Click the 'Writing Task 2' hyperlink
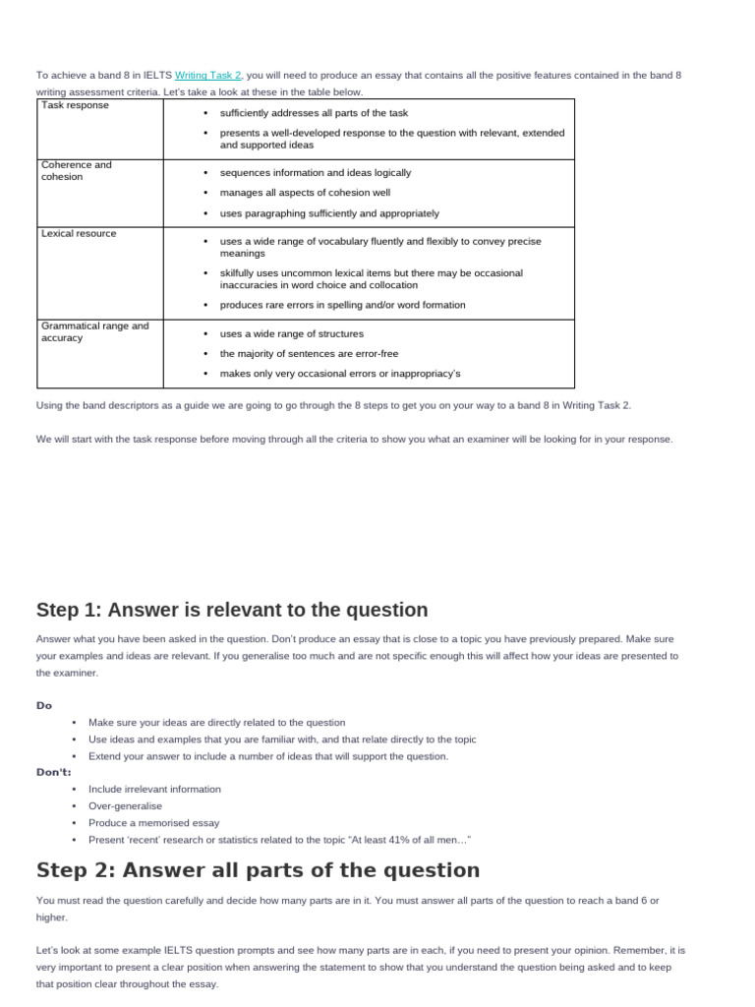pyautogui.click(x=208, y=75)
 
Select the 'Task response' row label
pyautogui.click(x=76, y=105)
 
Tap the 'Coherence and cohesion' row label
pyautogui.click(x=77, y=171)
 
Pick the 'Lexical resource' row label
pyautogui.click(x=79, y=234)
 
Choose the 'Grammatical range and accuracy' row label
pyautogui.click(x=94, y=331)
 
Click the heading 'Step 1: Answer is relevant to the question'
pyautogui.click(x=232, y=610)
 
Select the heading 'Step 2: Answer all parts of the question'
pyautogui.click(x=258, y=870)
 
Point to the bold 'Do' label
pyautogui.click(x=44, y=705)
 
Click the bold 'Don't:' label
pyautogui.click(x=54, y=772)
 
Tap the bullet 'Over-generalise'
pyautogui.click(x=125, y=805)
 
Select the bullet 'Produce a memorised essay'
pyautogui.click(x=153, y=822)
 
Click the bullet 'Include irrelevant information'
pyautogui.click(x=154, y=789)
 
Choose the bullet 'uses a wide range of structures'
pyautogui.click(x=291, y=333)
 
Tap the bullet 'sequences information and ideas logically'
pyautogui.click(x=316, y=172)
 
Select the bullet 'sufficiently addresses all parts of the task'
pyautogui.click(x=314, y=113)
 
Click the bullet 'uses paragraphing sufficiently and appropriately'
pyautogui.click(x=329, y=213)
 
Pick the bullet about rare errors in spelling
pyautogui.click(x=342, y=305)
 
